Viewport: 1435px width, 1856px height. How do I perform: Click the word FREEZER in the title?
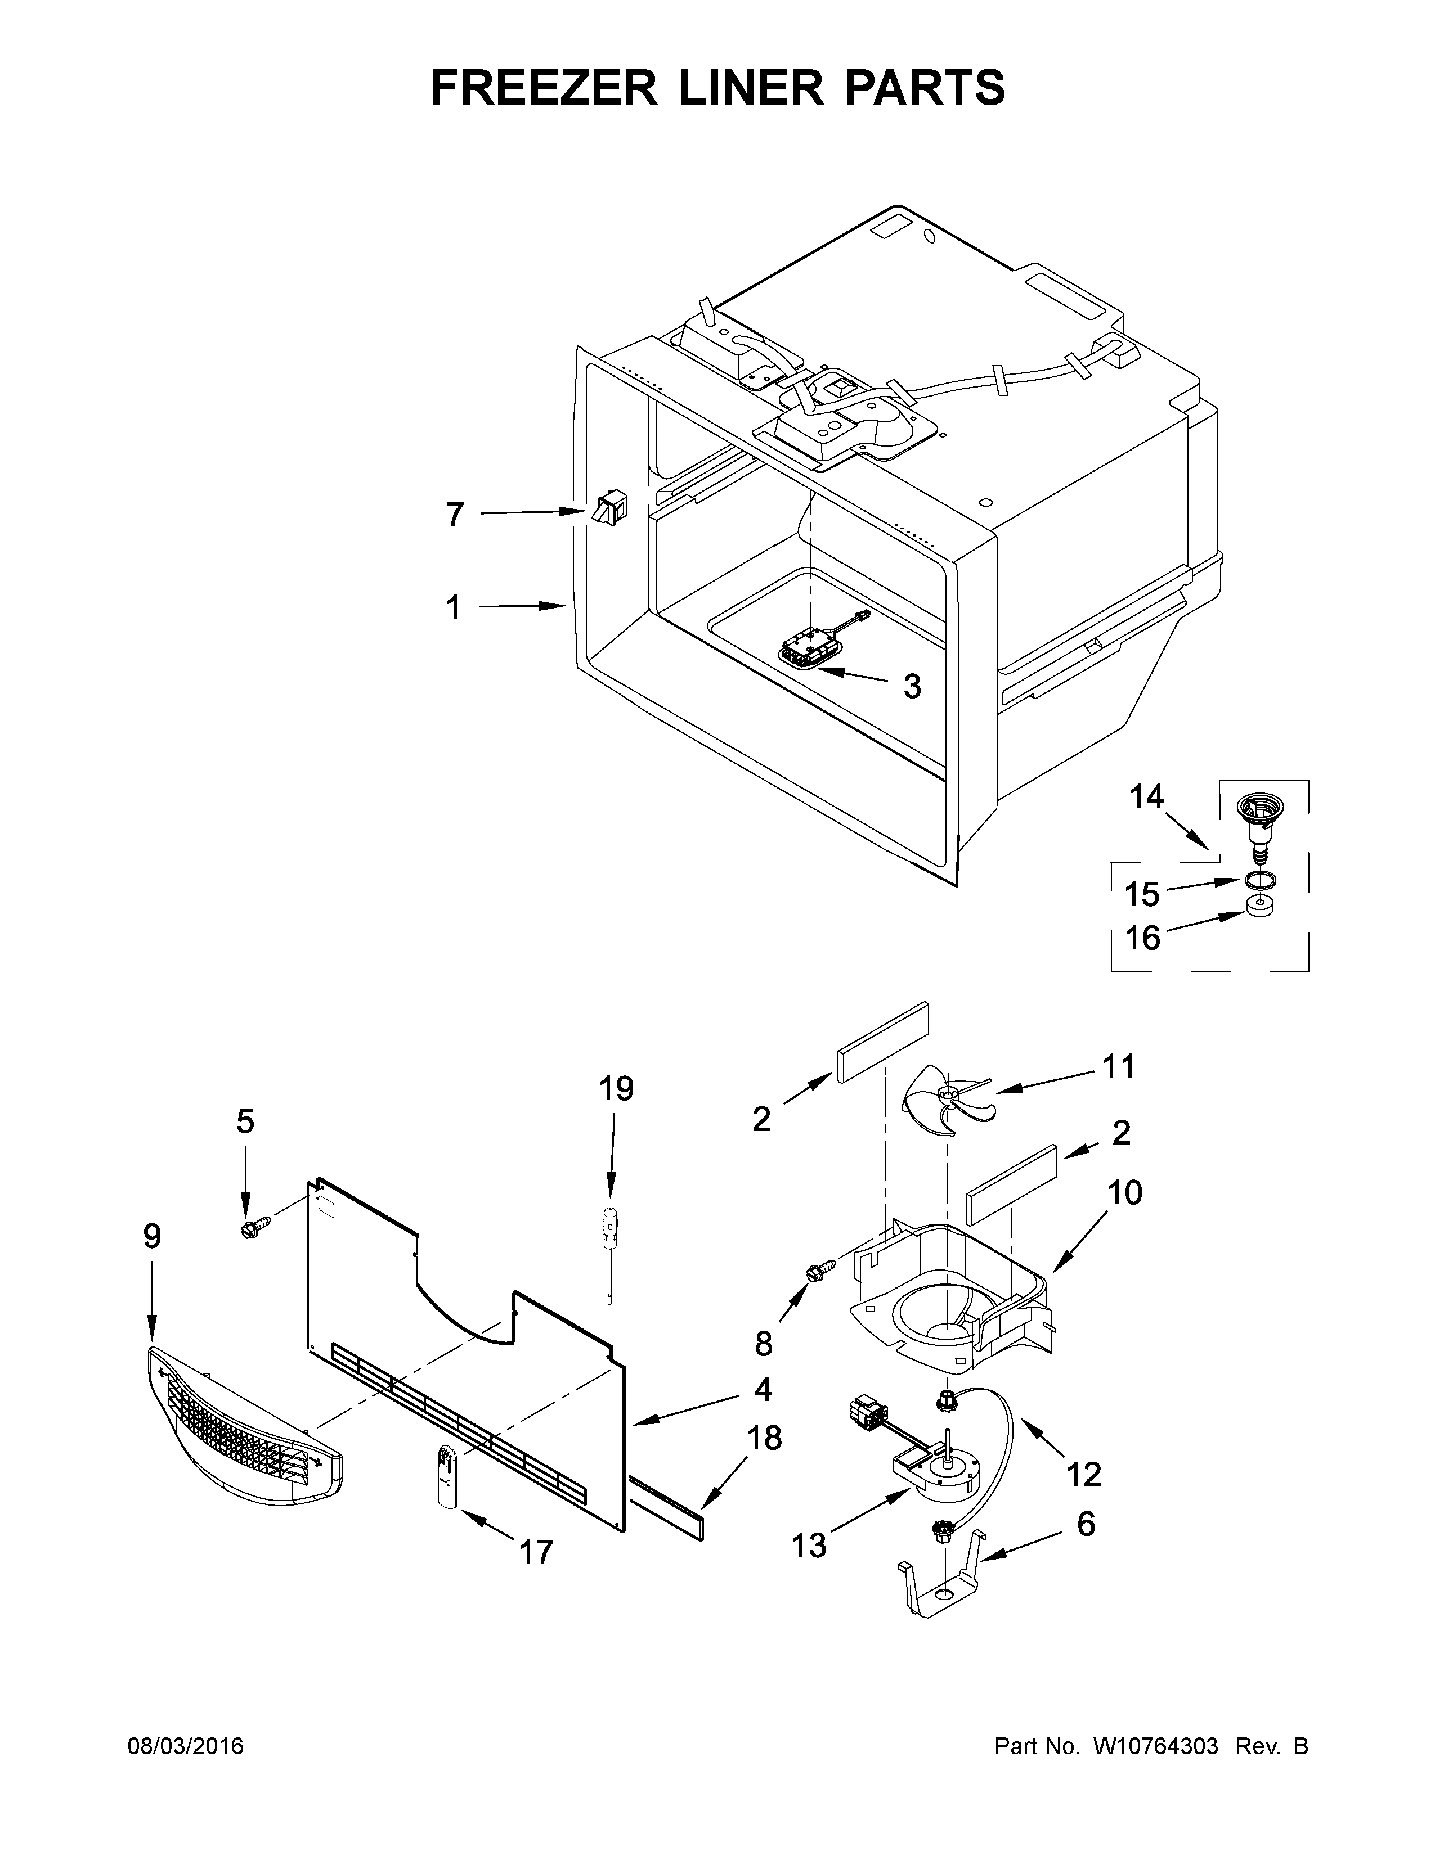click(x=544, y=88)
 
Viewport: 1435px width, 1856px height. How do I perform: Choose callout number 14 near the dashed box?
click(x=1146, y=796)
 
